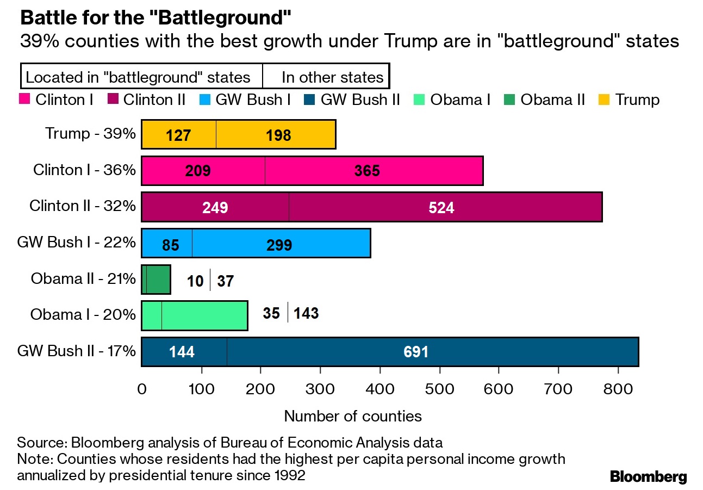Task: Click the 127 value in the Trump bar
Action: pos(179,135)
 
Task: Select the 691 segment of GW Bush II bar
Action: pos(416,352)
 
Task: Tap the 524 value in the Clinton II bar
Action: pos(441,207)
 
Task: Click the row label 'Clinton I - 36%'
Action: pos(84,170)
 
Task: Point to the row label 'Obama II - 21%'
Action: pos(83,279)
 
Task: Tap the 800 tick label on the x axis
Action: pos(618,389)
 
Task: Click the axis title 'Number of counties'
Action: pos(353,417)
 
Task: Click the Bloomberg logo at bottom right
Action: pos(648,477)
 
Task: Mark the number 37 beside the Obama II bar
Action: pos(225,281)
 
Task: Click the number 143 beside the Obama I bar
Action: pos(306,314)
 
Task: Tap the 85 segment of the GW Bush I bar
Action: pos(170,245)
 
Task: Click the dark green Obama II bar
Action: pos(157,280)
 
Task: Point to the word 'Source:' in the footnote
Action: pos(42,442)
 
